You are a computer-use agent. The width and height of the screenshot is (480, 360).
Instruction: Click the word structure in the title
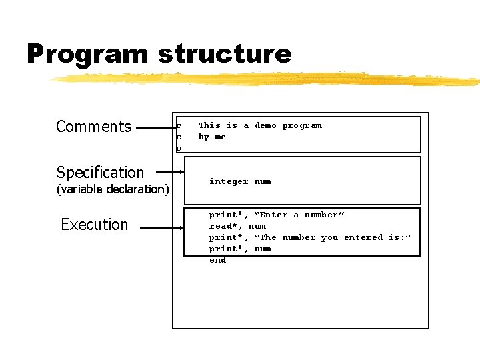tap(225, 54)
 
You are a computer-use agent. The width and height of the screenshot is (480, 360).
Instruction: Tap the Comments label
tap(94, 127)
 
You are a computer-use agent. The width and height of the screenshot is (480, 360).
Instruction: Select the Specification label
tap(100, 173)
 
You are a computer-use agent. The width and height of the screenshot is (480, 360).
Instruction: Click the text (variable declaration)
tap(113, 189)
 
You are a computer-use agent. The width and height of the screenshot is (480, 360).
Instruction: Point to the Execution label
tap(94, 225)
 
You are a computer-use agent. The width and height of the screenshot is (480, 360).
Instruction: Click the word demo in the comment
tap(265, 125)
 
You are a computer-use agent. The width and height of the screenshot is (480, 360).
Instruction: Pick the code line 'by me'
tap(212, 137)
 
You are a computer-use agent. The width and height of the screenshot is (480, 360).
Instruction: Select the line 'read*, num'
tap(237, 226)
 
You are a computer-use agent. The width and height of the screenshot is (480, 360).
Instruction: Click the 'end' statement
tap(217, 260)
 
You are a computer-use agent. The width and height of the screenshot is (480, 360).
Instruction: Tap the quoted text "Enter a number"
tap(299, 215)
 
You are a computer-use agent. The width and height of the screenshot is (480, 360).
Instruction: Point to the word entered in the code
tap(363, 237)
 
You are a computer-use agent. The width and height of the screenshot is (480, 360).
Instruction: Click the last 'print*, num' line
tap(240, 249)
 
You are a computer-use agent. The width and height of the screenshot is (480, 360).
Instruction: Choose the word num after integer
tap(263, 181)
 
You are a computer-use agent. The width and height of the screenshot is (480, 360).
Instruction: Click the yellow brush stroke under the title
tap(267, 79)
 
